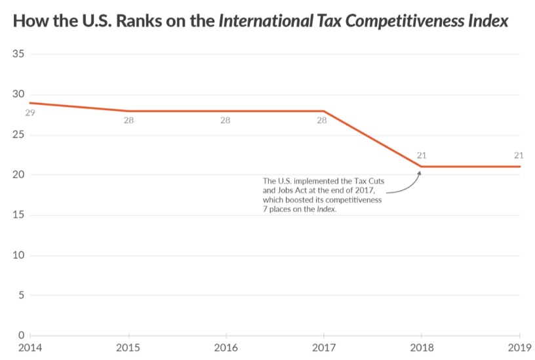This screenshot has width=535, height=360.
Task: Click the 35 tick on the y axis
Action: pos(18,54)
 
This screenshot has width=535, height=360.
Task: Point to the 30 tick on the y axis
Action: pos(18,94)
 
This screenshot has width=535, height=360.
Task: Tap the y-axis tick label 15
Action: pos(18,215)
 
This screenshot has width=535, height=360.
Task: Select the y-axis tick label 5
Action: pos(21,295)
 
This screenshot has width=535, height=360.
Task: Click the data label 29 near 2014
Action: pos(30,113)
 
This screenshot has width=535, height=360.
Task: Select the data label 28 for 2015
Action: pos(129,121)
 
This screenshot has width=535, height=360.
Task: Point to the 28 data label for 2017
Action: pos(321,121)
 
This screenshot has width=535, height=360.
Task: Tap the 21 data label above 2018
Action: pos(422,155)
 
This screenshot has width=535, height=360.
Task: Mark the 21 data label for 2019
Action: pos(519,155)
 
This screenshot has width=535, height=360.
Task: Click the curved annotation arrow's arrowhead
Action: pos(419,172)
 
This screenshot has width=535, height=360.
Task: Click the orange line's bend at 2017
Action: pos(324,111)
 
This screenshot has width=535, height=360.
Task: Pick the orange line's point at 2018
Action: pos(422,167)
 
